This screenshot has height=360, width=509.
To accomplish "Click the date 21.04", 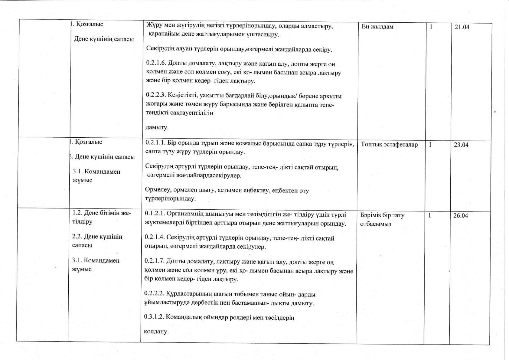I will [462, 27].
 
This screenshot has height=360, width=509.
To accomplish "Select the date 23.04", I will [461, 145].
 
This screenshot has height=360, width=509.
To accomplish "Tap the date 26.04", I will [461, 216].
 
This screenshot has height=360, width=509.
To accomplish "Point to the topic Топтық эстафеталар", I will [389, 145].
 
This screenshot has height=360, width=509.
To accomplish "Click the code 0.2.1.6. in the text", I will [155, 64].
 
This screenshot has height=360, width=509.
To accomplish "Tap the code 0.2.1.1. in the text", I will [155, 143].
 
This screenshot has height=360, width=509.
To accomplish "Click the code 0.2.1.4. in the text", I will [154, 238].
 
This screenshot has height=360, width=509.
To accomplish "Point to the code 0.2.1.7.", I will [154, 262].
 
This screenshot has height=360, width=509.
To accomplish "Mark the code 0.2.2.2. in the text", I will [154, 294].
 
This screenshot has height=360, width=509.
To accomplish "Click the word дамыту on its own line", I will [157, 127].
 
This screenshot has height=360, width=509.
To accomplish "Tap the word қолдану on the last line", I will [156, 332].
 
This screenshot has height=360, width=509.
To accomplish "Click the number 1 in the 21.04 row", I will [431, 27].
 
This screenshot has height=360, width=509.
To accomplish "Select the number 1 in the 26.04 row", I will [430, 215].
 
